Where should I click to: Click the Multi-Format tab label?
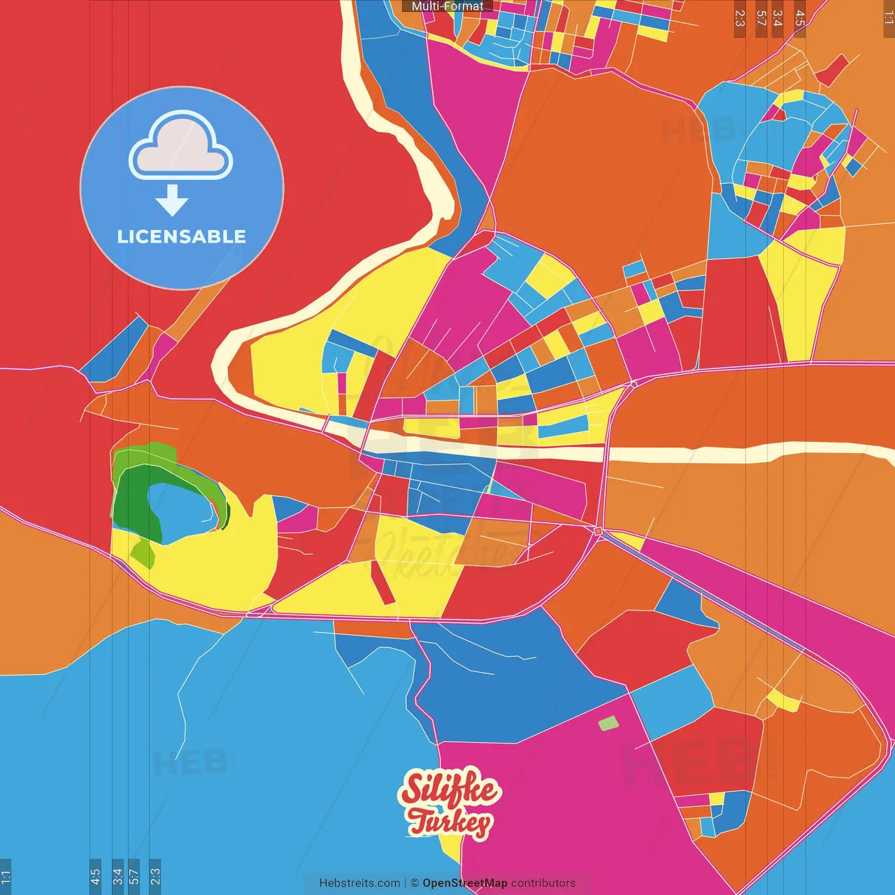pyautogui.click(x=447, y=6)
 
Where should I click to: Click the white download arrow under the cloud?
pyautogui.click(x=172, y=201)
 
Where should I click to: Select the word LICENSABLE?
pyautogui.click(x=182, y=237)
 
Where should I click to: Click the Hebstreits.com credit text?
pyautogui.click(x=359, y=883)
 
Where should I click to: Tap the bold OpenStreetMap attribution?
pyautogui.click(x=465, y=883)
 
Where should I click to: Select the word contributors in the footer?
pyautogui.click(x=543, y=883)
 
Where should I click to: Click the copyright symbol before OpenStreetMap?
pyautogui.click(x=415, y=883)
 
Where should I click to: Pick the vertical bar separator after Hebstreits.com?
pyautogui.click(x=406, y=883)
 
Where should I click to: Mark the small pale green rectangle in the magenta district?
pyautogui.click(x=608, y=723)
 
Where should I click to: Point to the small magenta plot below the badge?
pyautogui.click(x=164, y=348)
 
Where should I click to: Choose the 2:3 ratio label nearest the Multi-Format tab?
pyautogui.click(x=740, y=18)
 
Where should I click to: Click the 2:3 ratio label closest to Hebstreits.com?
pyautogui.click(x=155, y=875)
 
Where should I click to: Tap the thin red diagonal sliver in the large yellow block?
pyautogui.click(x=382, y=582)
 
